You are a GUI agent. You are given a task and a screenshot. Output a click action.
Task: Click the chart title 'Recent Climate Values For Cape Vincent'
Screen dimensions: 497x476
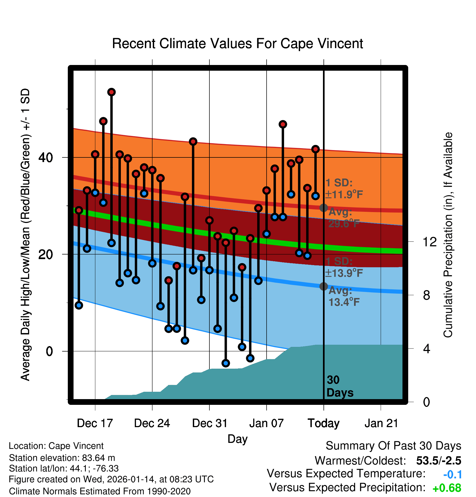pos(237,44)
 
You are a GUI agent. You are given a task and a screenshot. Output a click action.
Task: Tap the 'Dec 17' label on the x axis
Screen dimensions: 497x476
pos(95,423)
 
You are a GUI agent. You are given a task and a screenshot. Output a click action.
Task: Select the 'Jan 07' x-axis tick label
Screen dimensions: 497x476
pos(266,423)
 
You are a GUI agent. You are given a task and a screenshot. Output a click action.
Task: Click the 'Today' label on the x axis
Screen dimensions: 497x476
pos(324,423)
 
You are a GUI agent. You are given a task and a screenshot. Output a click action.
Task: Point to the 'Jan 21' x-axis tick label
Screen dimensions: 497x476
pos(381,423)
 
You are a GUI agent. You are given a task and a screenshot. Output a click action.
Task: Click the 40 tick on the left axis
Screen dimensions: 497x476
pos(46,157)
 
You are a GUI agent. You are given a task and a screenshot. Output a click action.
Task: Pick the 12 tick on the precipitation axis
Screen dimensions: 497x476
pos(430,242)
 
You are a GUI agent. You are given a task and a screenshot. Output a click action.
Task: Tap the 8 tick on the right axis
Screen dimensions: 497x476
pos(427,295)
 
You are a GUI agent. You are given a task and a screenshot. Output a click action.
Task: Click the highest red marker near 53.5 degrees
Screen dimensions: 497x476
pos(111,92)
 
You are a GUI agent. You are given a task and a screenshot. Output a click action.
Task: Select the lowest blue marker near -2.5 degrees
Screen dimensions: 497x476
pos(226,363)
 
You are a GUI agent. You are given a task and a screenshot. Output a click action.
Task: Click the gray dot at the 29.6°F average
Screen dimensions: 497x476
pos(324,208)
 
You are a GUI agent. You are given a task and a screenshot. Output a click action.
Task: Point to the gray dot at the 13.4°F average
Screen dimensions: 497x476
pos(324,286)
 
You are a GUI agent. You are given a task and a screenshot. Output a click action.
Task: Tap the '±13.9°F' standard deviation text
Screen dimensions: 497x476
pos(344,273)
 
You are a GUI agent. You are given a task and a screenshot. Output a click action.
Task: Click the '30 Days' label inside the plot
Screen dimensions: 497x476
pos(340,386)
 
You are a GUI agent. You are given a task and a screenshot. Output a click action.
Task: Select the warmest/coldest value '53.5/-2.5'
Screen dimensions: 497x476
pos(439,461)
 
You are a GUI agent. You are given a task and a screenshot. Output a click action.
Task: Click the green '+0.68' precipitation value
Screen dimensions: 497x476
pos(447,488)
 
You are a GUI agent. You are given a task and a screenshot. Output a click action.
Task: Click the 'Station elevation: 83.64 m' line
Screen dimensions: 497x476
pos(62,458)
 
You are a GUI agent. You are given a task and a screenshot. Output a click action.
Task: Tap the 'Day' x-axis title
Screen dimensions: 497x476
pos(237,439)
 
